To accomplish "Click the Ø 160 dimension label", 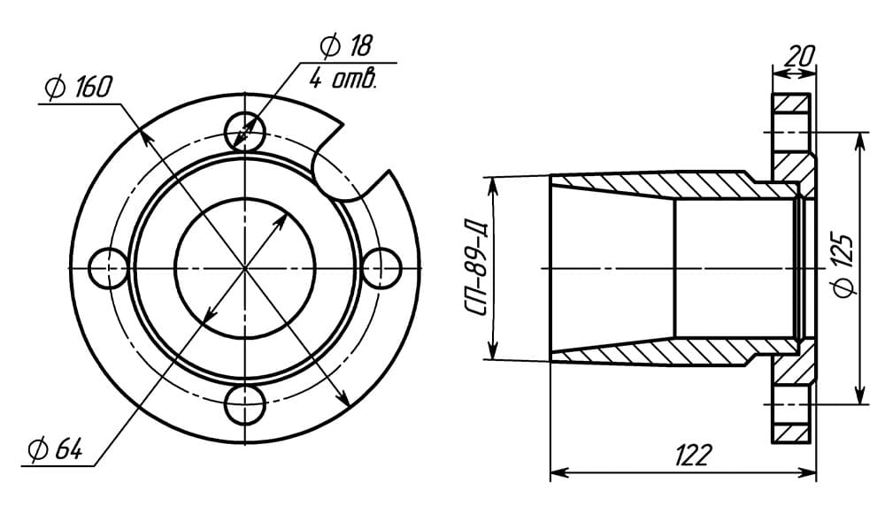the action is (x=79, y=88).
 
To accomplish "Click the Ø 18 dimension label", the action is (x=346, y=46).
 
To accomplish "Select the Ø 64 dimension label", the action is (x=56, y=449).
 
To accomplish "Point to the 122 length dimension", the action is (x=692, y=454).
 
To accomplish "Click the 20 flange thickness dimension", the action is (x=800, y=56).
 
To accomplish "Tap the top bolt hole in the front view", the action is (x=245, y=132).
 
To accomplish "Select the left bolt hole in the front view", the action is (x=109, y=268).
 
